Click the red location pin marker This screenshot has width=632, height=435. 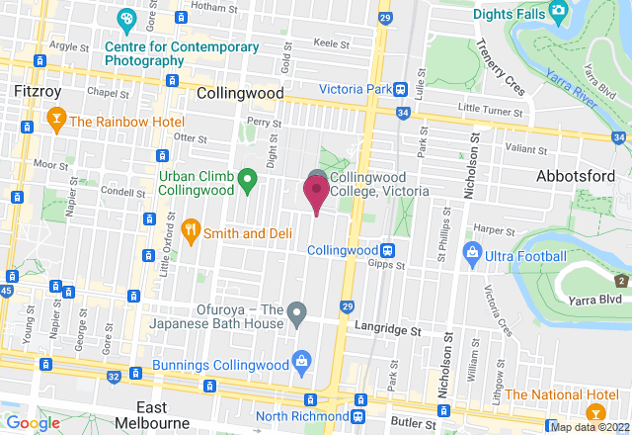coord(316,192)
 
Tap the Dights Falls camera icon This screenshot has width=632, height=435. coord(558,13)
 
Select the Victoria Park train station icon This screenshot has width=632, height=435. coord(401,89)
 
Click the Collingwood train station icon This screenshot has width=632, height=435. coord(388,251)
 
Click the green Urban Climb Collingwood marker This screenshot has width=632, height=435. coord(248,180)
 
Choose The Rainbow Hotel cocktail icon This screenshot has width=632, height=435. coord(55,122)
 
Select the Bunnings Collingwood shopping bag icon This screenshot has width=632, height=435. coord(299,363)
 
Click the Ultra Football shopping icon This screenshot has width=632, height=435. coord(473,257)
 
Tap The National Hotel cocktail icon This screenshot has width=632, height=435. coord(594,411)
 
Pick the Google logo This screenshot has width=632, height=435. coord(34,423)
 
